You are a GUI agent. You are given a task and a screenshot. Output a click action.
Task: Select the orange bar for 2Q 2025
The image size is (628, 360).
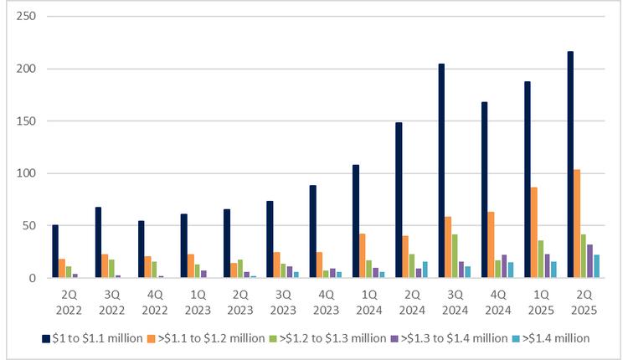pyautogui.click(x=578, y=224)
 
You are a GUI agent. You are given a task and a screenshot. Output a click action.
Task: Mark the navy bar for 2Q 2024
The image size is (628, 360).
pyautogui.click(x=399, y=200)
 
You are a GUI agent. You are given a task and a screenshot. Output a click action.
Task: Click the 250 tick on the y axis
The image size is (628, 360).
pyautogui.click(x=29, y=17)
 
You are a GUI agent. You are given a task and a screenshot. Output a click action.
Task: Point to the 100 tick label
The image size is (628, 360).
pyautogui.click(x=29, y=173)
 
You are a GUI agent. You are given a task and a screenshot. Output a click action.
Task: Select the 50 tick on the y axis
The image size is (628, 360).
pyautogui.click(x=33, y=226)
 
